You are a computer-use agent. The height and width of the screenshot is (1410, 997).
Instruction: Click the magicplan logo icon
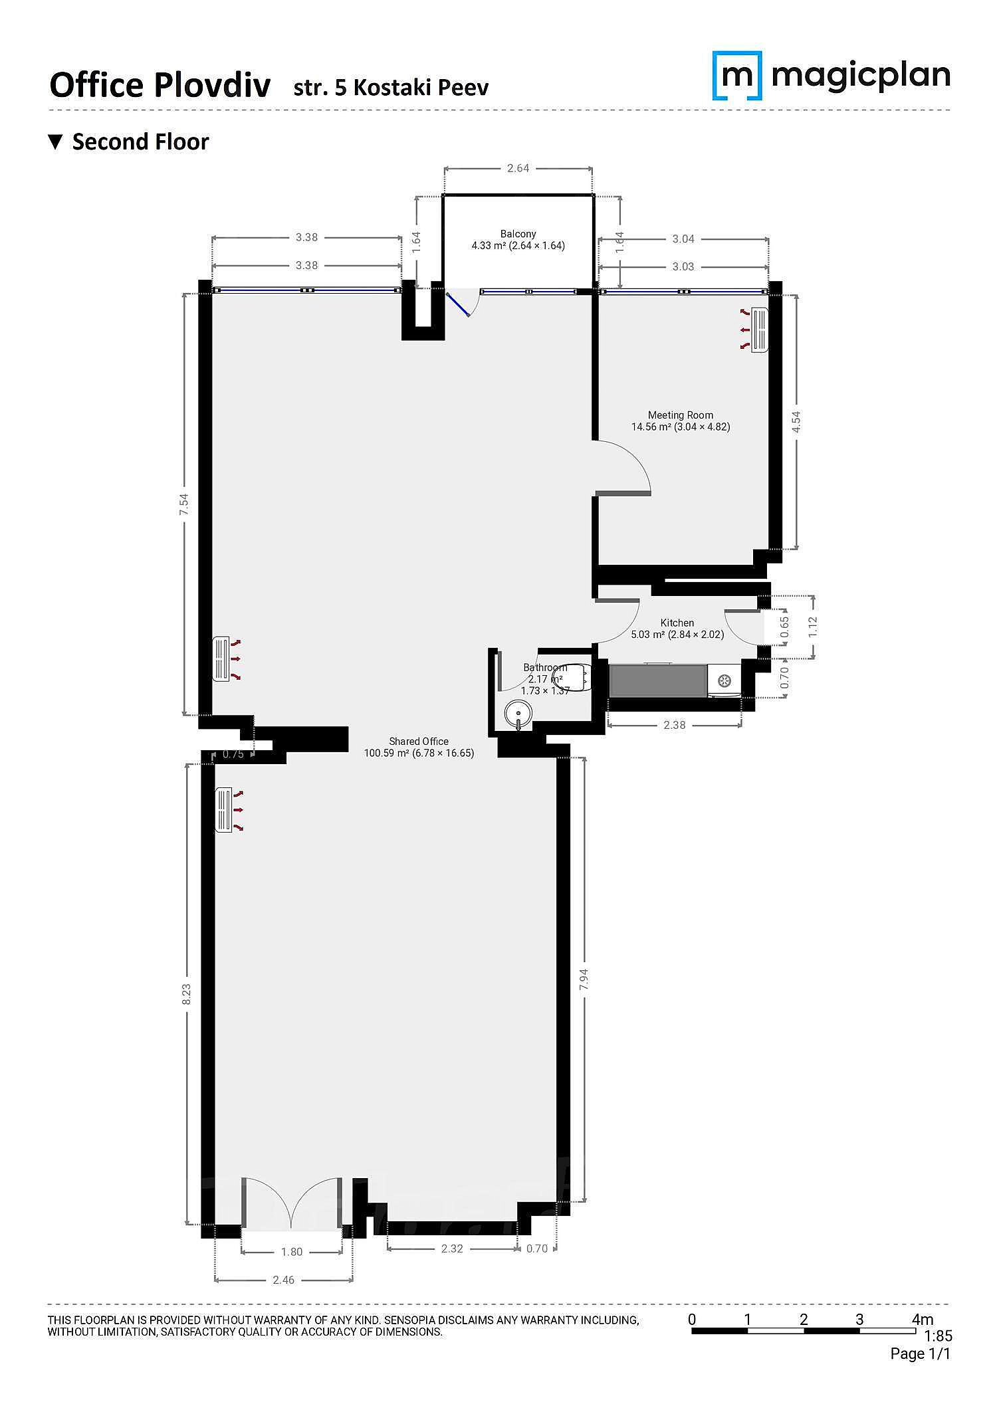point(736,76)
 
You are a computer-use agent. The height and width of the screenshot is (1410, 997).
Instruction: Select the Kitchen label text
point(677,623)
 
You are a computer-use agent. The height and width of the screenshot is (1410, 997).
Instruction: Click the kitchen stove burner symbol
point(722,680)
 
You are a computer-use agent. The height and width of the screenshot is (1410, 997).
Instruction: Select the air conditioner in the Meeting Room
point(759,329)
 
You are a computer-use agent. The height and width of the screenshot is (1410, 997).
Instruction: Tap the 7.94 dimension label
point(584,979)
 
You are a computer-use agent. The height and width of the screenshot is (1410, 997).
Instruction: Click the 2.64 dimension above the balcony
point(518,168)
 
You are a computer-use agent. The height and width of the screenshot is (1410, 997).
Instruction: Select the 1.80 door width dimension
point(291,1252)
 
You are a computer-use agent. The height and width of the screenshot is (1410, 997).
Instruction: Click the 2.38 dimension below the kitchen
point(674,725)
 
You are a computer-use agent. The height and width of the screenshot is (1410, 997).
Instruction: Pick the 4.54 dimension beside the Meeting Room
point(796,422)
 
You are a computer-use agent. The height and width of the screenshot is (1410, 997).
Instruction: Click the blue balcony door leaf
point(458,305)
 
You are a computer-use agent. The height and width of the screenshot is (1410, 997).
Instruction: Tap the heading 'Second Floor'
point(140,142)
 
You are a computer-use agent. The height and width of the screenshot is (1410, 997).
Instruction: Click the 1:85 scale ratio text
point(938,1336)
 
